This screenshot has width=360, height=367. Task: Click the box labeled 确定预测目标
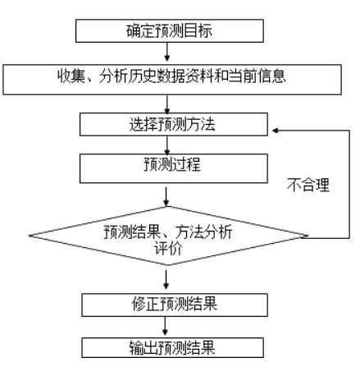click(171, 30)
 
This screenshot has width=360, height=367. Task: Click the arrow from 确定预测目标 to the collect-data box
click(169, 51)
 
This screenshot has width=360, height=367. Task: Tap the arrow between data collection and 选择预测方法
click(169, 103)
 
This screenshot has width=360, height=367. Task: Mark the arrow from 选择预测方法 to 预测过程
click(169, 144)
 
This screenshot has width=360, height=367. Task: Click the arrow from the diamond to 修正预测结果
click(169, 281)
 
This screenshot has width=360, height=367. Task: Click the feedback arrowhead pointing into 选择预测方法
click(277, 129)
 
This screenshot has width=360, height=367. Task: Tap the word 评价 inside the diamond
click(169, 247)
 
